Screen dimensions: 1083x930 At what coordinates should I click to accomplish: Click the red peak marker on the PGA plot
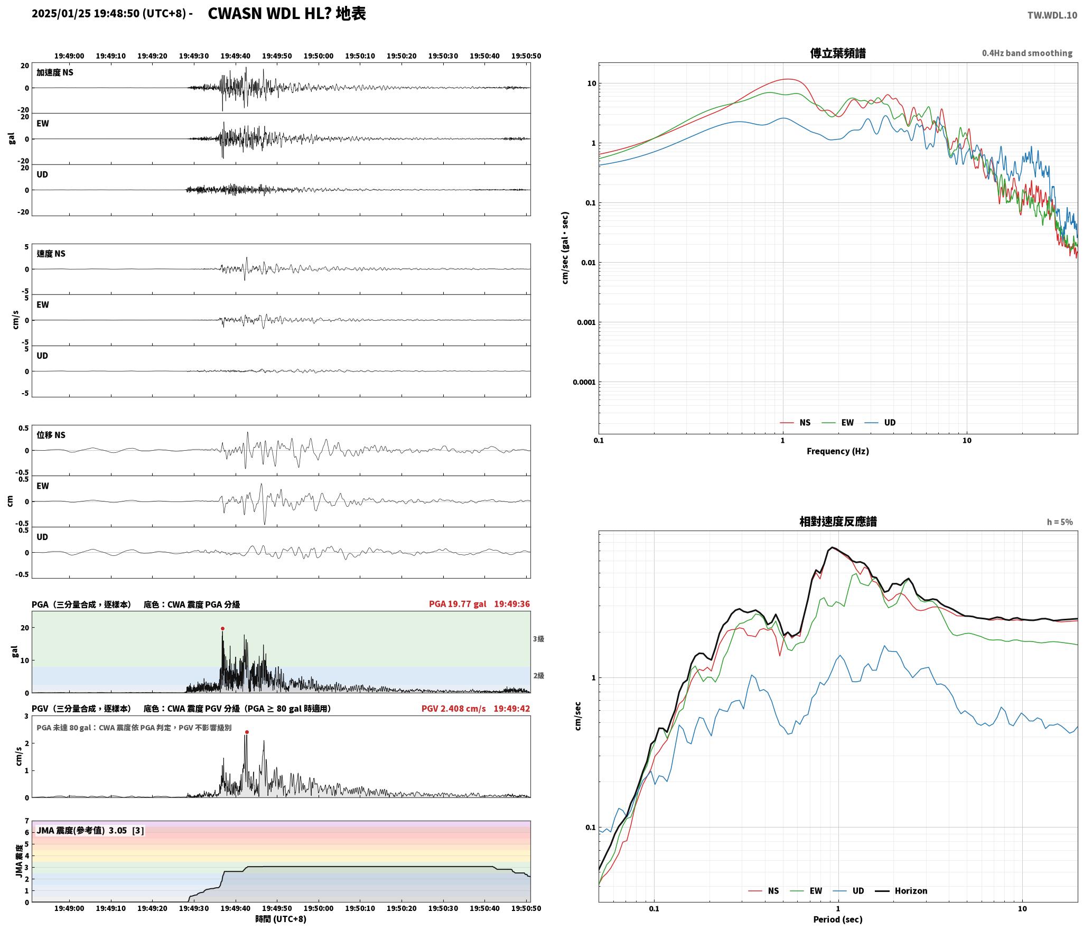point(222,628)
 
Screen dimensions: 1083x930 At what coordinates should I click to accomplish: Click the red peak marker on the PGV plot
point(247,732)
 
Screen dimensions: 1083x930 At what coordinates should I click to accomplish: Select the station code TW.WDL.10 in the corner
point(1052,15)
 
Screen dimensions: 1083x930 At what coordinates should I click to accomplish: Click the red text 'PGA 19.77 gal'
point(458,604)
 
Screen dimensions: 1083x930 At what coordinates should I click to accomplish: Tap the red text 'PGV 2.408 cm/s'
point(453,709)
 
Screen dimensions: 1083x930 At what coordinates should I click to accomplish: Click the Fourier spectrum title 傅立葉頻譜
point(838,53)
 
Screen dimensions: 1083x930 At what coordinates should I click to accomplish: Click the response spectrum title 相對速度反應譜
point(838,522)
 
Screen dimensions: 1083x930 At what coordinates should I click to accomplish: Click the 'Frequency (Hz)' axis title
point(838,451)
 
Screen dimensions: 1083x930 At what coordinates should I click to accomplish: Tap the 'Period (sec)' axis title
point(838,919)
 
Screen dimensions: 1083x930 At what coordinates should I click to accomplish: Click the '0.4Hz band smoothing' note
point(1027,53)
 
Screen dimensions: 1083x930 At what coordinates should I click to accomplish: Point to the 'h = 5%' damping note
point(1060,522)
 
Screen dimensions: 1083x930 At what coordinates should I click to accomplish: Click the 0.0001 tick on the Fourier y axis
point(584,382)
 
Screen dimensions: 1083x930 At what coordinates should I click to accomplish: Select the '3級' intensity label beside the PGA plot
point(538,639)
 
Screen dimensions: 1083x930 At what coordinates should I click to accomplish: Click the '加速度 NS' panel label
point(55,72)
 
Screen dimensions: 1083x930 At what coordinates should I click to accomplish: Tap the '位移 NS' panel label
point(51,435)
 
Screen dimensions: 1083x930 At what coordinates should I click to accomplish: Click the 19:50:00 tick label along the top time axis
point(319,56)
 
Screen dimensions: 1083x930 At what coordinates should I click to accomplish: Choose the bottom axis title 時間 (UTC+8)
point(281,919)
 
